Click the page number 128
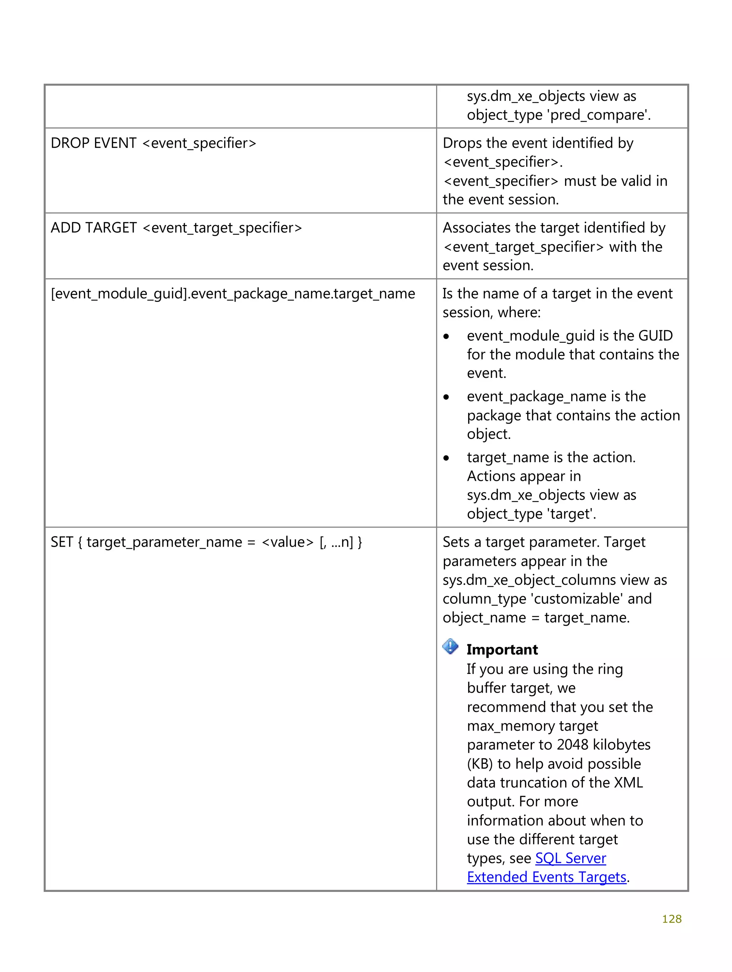tap(671, 919)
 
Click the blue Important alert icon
tap(450, 646)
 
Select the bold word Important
tap(502, 649)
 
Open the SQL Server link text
tap(570, 858)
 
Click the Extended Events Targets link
tap(546, 877)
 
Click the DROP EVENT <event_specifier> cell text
tap(153, 143)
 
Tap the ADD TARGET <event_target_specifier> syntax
tap(176, 228)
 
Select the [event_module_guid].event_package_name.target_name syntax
tap(233, 294)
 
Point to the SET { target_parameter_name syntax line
tap(206, 542)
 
